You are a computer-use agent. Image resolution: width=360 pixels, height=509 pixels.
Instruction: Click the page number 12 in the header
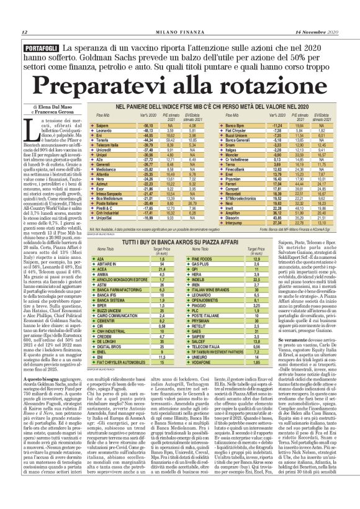coord(24,32)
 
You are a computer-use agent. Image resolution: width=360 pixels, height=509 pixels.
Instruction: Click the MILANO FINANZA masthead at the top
coord(180,32)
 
